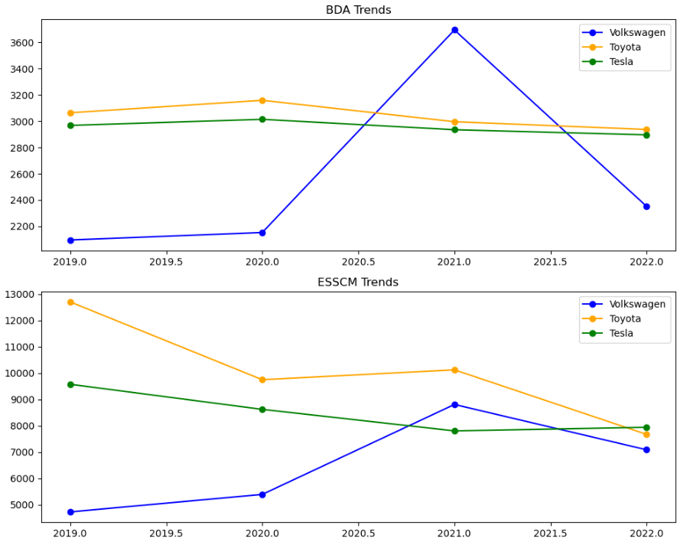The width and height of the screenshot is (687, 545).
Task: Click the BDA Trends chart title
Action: point(358,10)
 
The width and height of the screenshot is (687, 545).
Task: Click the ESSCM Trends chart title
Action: point(358,282)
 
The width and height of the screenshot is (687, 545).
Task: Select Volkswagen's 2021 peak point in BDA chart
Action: point(454,31)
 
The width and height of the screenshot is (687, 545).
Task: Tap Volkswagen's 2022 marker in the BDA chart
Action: point(646,207)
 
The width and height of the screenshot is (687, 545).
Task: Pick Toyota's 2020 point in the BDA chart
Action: point(262,100)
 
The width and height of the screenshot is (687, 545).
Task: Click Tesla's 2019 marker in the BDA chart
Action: point(70,126)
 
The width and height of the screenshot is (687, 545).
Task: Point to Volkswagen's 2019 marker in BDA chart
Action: point(70,240)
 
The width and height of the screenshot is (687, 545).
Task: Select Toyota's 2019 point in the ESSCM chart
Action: point(70,302)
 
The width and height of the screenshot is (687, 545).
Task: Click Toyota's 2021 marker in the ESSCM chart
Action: point(454,370)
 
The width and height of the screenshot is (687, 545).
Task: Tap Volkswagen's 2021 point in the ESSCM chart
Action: point(454,405)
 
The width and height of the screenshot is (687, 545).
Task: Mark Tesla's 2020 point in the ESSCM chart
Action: point(262,410)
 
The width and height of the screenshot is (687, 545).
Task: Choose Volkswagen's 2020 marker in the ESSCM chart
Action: point(262,494)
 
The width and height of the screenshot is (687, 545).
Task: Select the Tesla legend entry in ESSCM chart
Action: point(621,334)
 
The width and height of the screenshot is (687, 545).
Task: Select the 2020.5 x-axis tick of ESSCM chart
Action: point(358,533)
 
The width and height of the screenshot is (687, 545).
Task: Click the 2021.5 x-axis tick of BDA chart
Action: point(550,261)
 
